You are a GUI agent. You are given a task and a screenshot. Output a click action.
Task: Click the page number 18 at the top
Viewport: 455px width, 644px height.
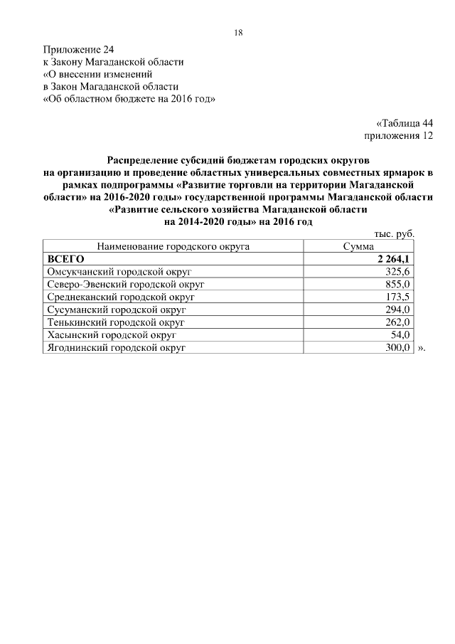point(238,33)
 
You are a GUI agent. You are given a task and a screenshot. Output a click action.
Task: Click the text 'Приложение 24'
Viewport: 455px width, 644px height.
point(78,49)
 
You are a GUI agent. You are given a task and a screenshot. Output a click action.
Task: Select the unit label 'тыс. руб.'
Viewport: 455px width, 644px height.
point(393,234)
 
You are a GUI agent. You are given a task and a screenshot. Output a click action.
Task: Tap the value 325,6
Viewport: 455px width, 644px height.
point(397,272)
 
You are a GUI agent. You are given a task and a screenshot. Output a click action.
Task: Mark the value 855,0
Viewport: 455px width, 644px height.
point(397,285)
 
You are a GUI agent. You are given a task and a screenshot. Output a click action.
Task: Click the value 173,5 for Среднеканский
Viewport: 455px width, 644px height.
point(397,297)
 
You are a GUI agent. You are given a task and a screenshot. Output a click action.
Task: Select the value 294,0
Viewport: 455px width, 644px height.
point(397,310)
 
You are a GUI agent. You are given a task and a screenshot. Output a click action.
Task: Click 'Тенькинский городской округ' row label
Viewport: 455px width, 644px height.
point(115,322)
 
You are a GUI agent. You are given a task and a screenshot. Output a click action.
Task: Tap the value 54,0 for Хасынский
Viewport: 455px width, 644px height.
point(400,335)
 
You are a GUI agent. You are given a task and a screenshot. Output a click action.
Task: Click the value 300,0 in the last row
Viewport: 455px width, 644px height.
point(397,348)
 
